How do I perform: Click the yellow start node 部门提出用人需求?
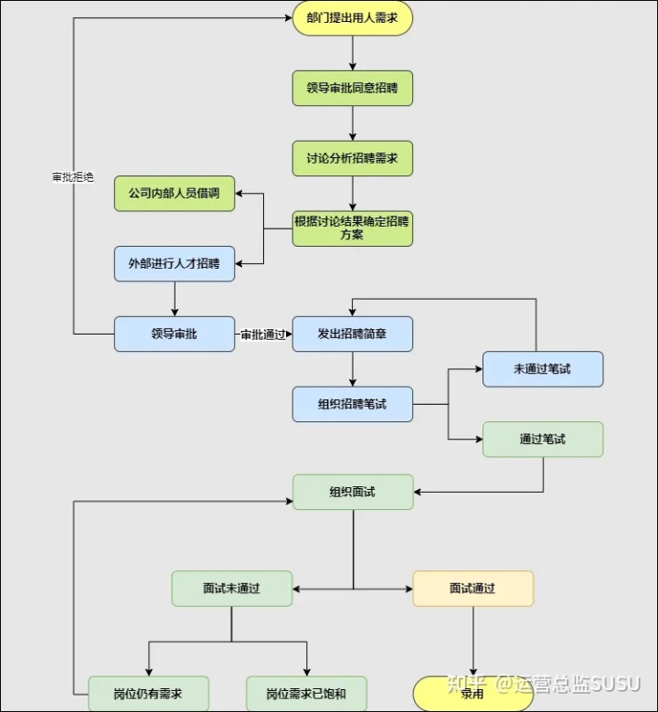pos(352,17)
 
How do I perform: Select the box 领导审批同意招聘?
pos(352,89)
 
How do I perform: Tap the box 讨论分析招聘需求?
pos(352,158)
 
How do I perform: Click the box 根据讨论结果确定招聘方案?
pos(352,228)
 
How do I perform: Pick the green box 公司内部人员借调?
pos(174,194)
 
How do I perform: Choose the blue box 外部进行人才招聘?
pos(174,264)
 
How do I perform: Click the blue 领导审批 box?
pos(174,334)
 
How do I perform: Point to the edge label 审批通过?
pos(263,335)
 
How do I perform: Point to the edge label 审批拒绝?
pos(73,176)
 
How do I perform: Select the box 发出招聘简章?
pos(352,334)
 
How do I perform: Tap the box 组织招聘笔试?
pos(352,404)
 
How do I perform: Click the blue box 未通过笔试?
pos(543,368)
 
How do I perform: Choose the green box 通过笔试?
pos(543,439)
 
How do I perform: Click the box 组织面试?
pos(352,492)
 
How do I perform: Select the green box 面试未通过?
pos(232,589)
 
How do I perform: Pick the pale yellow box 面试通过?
pos(472,589)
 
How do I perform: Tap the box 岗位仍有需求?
pos(148,694)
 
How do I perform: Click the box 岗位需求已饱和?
pos(306,694)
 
